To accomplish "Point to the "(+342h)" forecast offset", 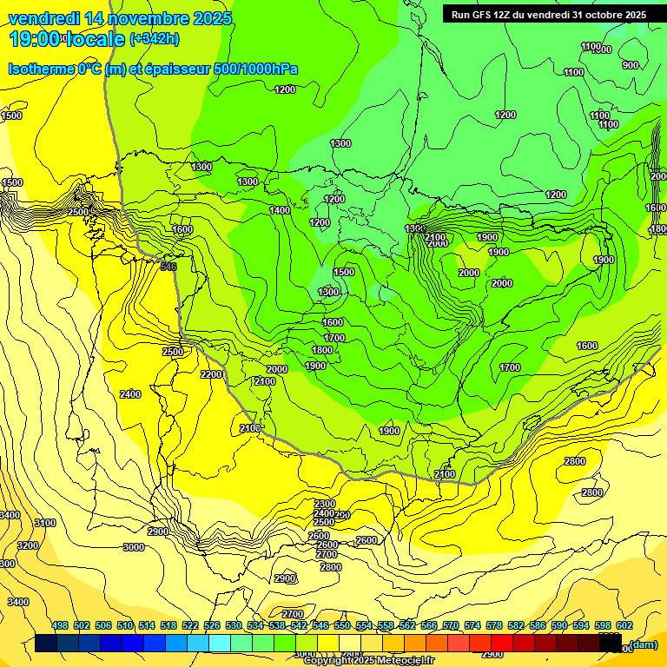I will tap(155, 39).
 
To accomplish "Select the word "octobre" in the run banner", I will tap(597, 15).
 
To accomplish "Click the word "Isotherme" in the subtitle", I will tap(40, 69).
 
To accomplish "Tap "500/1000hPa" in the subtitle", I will tap(258, 69).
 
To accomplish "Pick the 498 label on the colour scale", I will tap(60, 626).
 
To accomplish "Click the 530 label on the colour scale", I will tap(234, 626).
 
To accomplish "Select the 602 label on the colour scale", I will tap(624, 626).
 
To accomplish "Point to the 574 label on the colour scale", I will tap(472, 626).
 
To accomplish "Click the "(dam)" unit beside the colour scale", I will tap(644, 644).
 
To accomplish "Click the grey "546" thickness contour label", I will tap(168, 267).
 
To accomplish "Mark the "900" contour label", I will tap(631, 65).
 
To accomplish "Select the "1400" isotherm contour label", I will tap(280, 211).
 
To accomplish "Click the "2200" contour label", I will tap(211, 374).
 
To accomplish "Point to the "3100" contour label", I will tap(44, 523).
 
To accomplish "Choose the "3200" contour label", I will tap(28, 545).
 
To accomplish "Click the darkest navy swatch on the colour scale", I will tap(47, 644).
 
